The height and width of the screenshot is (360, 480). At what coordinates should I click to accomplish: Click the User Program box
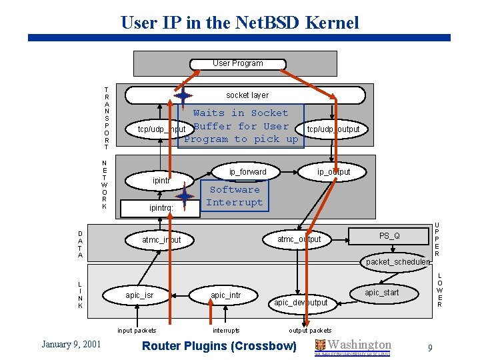[x=237, y=63]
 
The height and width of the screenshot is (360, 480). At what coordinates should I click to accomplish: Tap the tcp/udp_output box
[x=333, y=129]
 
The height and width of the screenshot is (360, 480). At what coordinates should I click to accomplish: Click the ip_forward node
[x=247, y=172]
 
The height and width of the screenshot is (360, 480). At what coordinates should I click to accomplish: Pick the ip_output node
[x=333, y=172]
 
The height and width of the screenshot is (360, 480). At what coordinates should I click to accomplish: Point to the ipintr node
[x=161, y=180]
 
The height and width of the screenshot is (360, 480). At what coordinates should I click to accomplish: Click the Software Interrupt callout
[x=236, y=196]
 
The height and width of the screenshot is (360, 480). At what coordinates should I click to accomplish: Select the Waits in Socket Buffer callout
[x=241, y=126]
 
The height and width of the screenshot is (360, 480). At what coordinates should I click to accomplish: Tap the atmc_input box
[x=161, y=239]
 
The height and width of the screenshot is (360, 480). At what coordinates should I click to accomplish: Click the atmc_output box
[x=299, y=239]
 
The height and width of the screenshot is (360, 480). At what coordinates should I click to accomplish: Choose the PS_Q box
[x=389, y=235]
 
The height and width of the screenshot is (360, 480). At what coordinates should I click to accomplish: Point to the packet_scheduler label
[x=398, y=262]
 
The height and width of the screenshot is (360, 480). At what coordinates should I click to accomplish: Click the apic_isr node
[x=139, y=295]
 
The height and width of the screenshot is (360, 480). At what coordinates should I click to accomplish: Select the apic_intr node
[x=225, y=295]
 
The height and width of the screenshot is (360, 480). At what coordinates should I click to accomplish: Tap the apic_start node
[x=382, y=293]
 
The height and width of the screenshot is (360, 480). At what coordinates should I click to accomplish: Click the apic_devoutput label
[x=301, y=303]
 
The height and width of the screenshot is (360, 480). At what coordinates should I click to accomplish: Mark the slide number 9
[x=430, y=347]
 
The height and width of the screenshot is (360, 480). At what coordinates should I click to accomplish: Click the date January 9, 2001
[x=71, y=344]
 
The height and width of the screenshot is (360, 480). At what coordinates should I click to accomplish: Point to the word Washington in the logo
[x=360, y=344]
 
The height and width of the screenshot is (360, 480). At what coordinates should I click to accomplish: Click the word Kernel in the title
[x=332, y=23]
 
